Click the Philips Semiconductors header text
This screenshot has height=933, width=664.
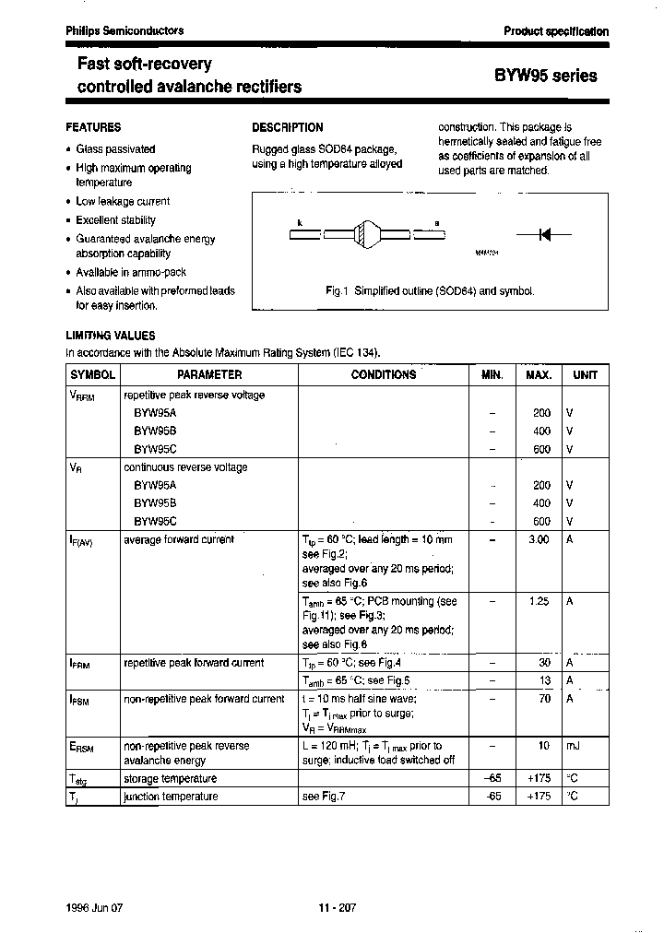pyautogui.click(x=125, y=30)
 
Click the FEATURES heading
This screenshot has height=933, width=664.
pyautogui.click(x=93, y=127)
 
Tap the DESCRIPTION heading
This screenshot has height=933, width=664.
pyautogui.click(x=287, y=127)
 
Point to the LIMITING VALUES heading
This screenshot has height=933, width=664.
pyautogui.click(x=110, y=336)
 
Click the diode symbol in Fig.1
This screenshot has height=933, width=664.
pyautogui.click(x=543, y=235)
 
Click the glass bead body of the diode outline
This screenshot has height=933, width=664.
pyautogui.click(x=366, y=235)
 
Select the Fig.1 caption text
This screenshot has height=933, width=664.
pyautogui.click(x=430, y=290)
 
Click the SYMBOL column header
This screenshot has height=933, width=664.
pyautogui.click(x=92, y=375)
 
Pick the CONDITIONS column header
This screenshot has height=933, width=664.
pyautogui.click(x=383, y=375)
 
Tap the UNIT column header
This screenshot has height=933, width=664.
pyautogui.click(x=585, y=375)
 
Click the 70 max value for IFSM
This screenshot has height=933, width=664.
pyautogui.click(x=544, y=699)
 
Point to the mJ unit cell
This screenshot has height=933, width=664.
pyautogui.click(x=572, y=745)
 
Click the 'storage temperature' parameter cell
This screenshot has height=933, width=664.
pyautogui.click(x=170, y=779)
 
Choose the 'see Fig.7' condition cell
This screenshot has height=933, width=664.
pyautogui.click(x=323, y=797)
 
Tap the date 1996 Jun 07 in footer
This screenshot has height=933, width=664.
pyautogui.click(x=94, y=907)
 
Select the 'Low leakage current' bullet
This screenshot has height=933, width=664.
pyautogui.click(x=123, y=201)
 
